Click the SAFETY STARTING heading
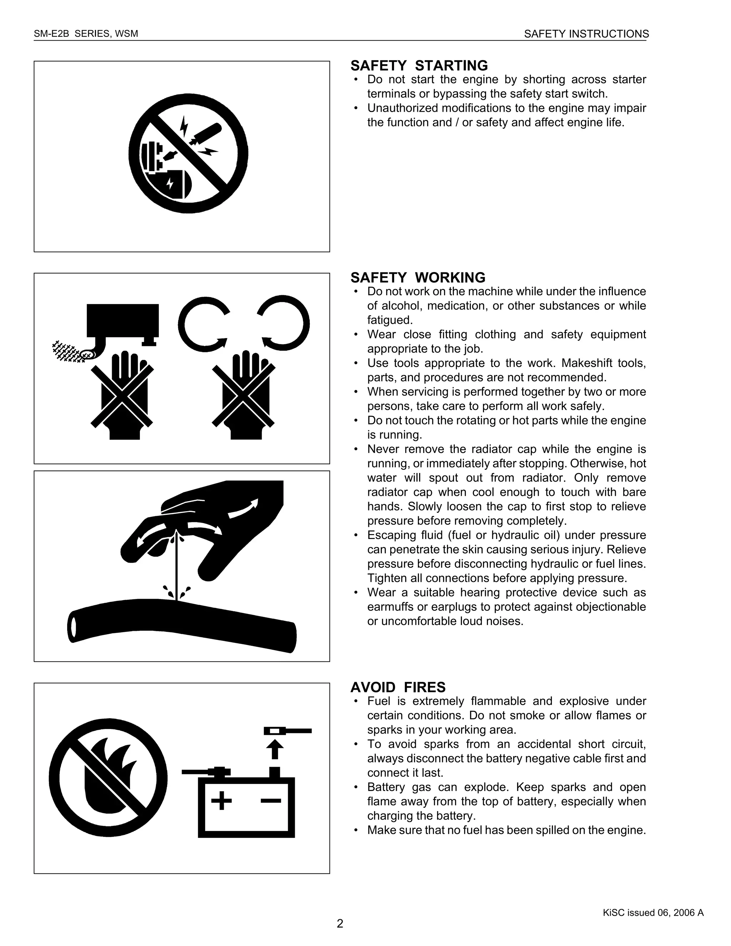pyautogui.click(x=419, y=66)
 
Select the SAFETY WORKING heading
pyautogui.click(x=418, y=278)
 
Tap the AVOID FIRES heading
pyautogui.click(x=398, y=688)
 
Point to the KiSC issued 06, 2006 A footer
pyautogui.click(x=653, y=913)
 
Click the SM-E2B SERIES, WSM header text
pyautogui.click(x=86, y=34)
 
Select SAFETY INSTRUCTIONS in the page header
pyautogui.click(x=586, y=34)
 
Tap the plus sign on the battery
pyautogui.click(x=221, y=800)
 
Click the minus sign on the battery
pyautogui.click(x=271, y=800)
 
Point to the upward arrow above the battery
pyautogui.click(x=274, y=749)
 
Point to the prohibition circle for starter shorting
pyautogui.click(x=188, y=154)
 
